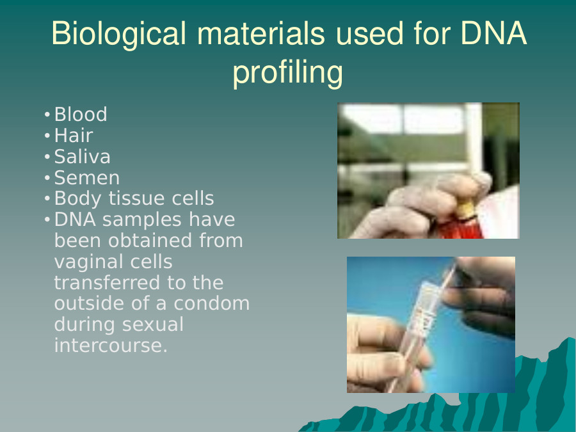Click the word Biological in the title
(x=118, y=34)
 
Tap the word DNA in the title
(x=493, y=33)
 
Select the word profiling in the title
(x=287, y=72)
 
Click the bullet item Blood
(x=81, y=115)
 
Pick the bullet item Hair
(x=74, y=135)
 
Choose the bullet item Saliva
(x=83, y=157)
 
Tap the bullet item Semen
(x=87, y=178)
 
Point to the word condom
(x=212, y=303)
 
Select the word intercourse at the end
(x=111, y=346)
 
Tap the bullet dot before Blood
(x=47, y=115)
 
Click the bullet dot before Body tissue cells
(x=47, y=199)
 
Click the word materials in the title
(x=261, y=34)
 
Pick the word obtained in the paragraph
(x=150, y=241)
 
